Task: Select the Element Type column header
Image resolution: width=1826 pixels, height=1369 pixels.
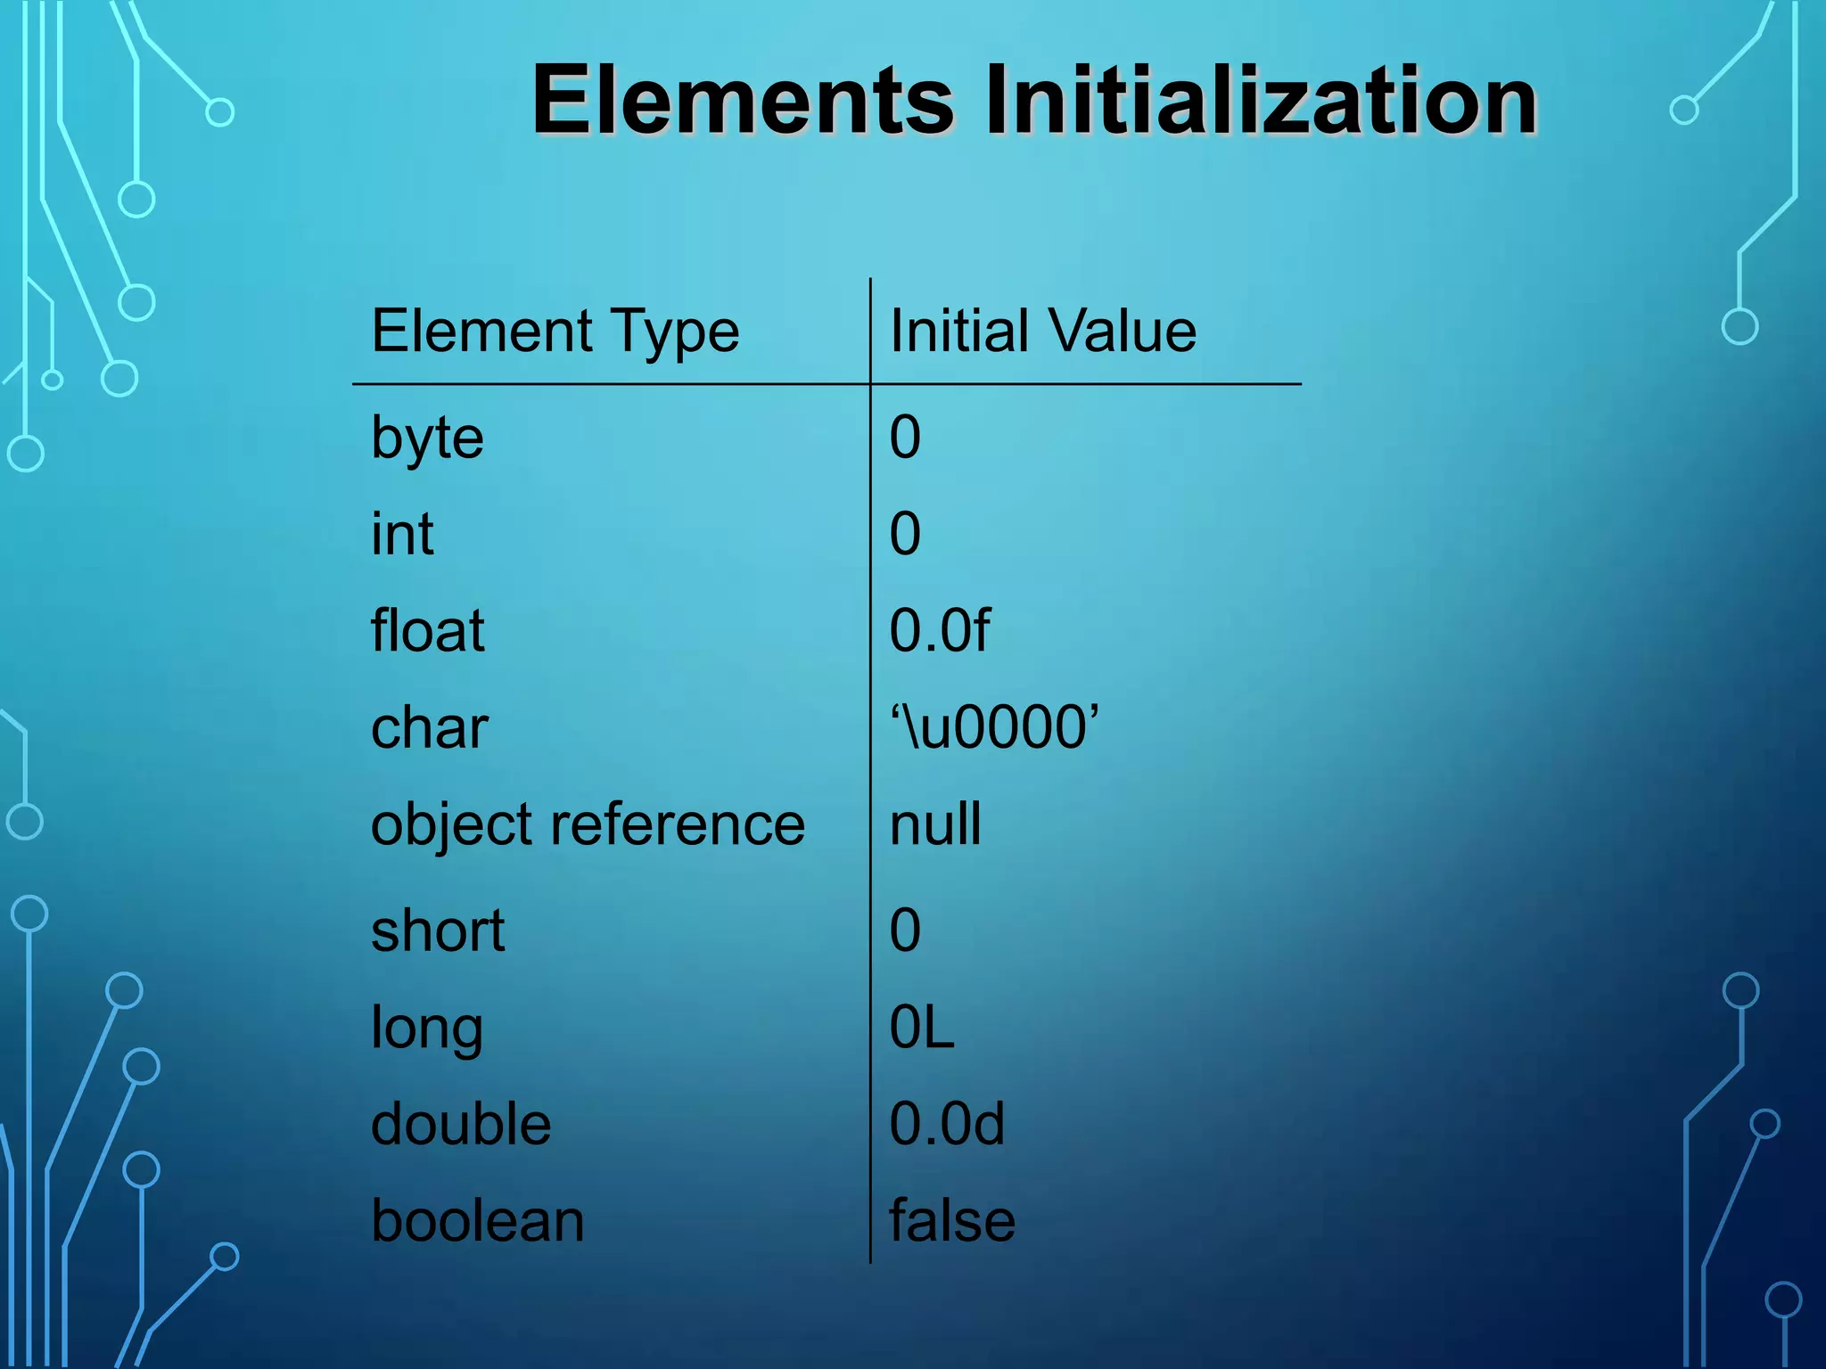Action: [555, 332]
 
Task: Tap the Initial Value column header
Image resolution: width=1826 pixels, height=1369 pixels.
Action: [1042, 332]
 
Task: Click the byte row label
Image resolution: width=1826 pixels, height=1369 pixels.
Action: [427, 439]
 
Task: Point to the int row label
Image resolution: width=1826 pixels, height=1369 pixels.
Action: [402, 534]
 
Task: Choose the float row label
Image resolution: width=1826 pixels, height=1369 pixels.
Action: [427, 631]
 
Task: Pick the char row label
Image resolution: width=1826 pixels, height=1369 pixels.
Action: [429, 728]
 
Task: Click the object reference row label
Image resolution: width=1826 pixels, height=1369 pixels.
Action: [588, 825]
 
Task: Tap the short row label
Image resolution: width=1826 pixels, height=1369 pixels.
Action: [437, 931]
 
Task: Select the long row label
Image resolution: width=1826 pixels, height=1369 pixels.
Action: [426, 1029]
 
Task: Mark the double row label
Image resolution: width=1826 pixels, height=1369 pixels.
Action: [460, 1124]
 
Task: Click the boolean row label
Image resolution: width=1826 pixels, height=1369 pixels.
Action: [477, 1221]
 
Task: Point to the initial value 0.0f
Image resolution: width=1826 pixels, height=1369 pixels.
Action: [939, 631]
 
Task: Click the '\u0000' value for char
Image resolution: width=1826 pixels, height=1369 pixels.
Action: [993, 727]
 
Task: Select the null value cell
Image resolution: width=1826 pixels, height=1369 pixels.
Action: [935, 824]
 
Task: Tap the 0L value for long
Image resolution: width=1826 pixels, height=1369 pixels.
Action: [921, 1028]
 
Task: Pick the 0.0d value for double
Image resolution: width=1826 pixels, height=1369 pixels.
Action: [946, 1124]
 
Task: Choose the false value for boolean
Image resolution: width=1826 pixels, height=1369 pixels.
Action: [951, 1221]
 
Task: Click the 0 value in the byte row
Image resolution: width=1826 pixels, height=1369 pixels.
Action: [905, 438]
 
